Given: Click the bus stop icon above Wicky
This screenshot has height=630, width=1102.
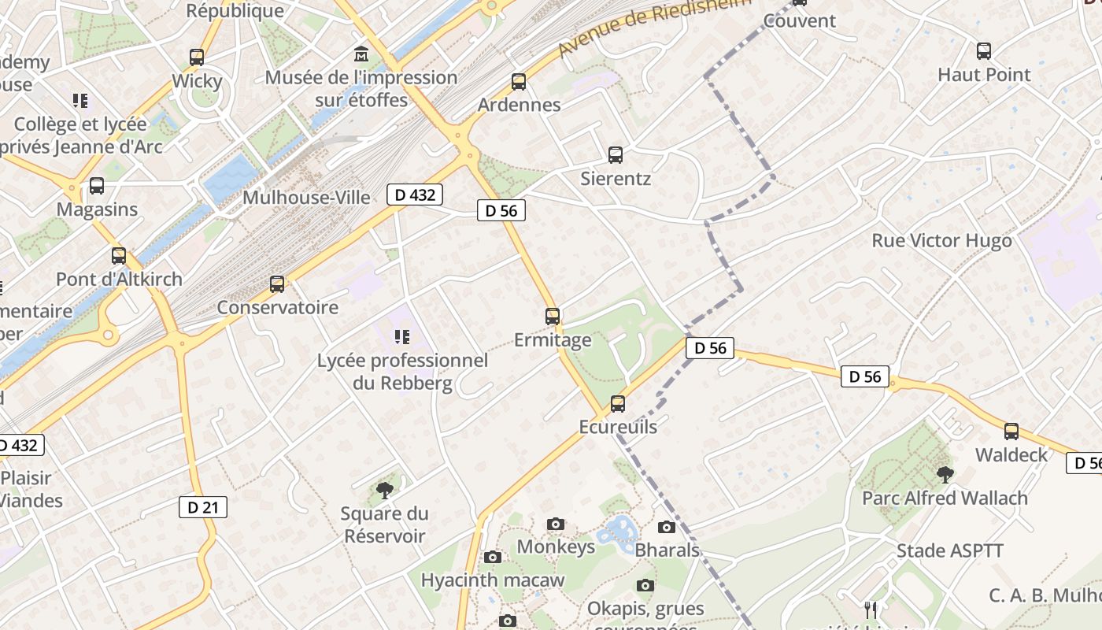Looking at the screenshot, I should [197, 57].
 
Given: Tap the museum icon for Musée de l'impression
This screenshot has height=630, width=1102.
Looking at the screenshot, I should [361, 54].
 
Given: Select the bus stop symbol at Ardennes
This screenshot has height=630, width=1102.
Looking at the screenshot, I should [519, 82].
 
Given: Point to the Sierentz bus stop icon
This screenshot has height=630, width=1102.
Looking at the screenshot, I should [616, 155].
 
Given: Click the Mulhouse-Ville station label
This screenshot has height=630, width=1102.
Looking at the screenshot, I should [306, 197].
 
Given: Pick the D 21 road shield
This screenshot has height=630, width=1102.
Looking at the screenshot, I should [203, 507].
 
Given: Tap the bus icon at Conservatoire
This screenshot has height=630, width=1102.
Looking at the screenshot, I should [277, 284].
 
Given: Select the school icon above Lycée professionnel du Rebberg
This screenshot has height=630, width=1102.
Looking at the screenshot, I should [402, 338].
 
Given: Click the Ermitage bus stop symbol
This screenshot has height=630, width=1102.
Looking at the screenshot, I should [553, 317].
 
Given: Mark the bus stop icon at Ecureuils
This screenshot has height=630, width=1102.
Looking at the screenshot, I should [618, 404].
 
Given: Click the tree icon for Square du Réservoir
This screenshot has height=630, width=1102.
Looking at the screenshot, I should [385, 491].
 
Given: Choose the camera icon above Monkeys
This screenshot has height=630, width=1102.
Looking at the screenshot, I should [556, 524].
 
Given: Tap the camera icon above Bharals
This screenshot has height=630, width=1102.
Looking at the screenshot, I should [667, 527].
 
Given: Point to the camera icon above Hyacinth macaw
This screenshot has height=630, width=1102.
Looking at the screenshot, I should [493, 558].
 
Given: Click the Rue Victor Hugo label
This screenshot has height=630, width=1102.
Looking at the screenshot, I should [941, 240].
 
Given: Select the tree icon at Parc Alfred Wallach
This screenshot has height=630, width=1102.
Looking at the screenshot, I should [945, 475].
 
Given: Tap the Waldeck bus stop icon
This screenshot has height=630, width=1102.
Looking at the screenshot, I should [1011, 432].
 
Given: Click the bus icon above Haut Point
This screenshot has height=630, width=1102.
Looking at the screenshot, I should [984, 52].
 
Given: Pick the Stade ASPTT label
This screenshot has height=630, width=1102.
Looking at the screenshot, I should [950, 550].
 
